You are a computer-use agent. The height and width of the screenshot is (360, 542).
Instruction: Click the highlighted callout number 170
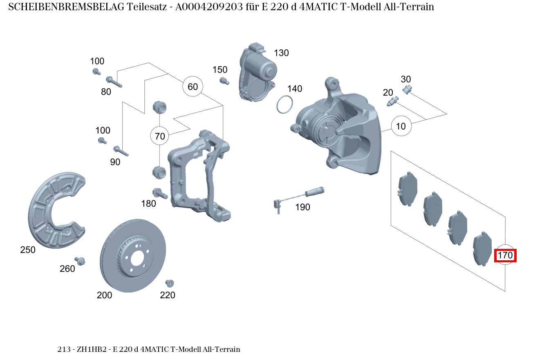pyautogui.click(x=505, y=255)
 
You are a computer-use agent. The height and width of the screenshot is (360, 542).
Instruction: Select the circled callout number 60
pyautogui.click(x=193, y=87)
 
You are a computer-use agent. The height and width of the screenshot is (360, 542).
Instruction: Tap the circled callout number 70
pyautogui.click(x=160, y=136)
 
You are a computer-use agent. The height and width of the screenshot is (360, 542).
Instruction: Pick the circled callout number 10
pyautogui.click(x=401, y=126)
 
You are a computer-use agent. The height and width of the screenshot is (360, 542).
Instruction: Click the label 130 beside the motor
pyautogui.click(x=281, y=53)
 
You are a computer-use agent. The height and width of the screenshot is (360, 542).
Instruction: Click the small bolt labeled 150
pyautogui.click(x=223, y=80)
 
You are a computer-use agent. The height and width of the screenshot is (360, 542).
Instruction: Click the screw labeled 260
pyautogui.click(x=80, y=261)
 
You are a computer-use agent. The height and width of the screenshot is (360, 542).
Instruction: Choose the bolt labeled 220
pyautogui.click(x=170, y=283)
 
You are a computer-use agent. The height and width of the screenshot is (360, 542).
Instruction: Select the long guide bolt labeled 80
pyautogui.click(x=115, y=82)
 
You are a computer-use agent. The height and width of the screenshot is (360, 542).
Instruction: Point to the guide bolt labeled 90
pyautogui.click(x=121, y=151)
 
